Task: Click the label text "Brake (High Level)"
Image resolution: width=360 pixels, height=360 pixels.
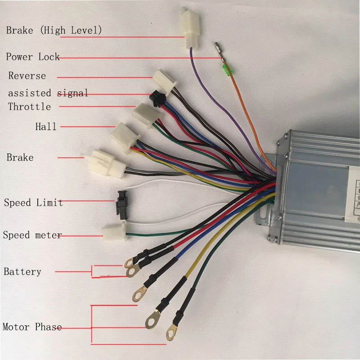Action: click(54, 31)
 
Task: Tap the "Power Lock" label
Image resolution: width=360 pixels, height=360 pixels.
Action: click(32, 57)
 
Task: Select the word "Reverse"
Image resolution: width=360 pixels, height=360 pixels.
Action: click(27, 76)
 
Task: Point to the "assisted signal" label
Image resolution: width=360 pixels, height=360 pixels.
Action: click(48, 93)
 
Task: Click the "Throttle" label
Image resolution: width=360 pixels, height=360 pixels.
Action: click(29, 107)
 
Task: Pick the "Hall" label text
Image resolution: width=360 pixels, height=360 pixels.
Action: click(46, 126)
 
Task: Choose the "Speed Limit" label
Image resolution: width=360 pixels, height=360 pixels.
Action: click(33, 202)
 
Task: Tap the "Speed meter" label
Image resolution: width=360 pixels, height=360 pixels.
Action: click(32, 235)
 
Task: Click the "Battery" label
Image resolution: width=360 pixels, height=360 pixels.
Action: click(22, 272)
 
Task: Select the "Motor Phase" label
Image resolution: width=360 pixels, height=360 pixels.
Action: click(32, 327)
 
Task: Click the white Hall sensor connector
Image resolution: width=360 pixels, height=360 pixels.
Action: click(123, 136)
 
